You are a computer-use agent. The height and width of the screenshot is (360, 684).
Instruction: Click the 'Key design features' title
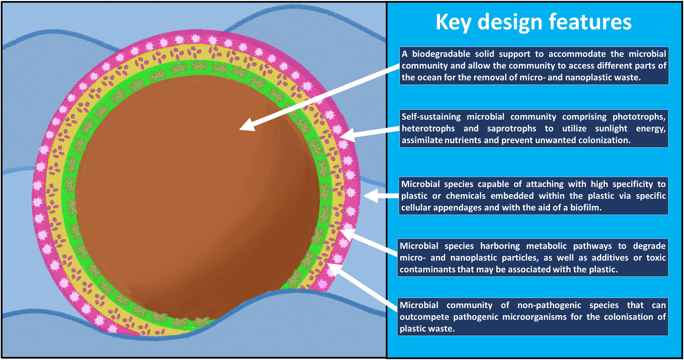pos(533,22)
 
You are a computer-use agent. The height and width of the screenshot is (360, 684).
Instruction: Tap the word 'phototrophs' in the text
pos(639,117)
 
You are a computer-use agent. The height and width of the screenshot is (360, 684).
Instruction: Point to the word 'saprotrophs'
pos(511,129)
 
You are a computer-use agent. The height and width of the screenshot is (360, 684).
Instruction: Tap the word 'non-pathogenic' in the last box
pos(549,305)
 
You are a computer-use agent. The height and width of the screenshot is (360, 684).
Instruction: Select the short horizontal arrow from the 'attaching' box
pos(381,196)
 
